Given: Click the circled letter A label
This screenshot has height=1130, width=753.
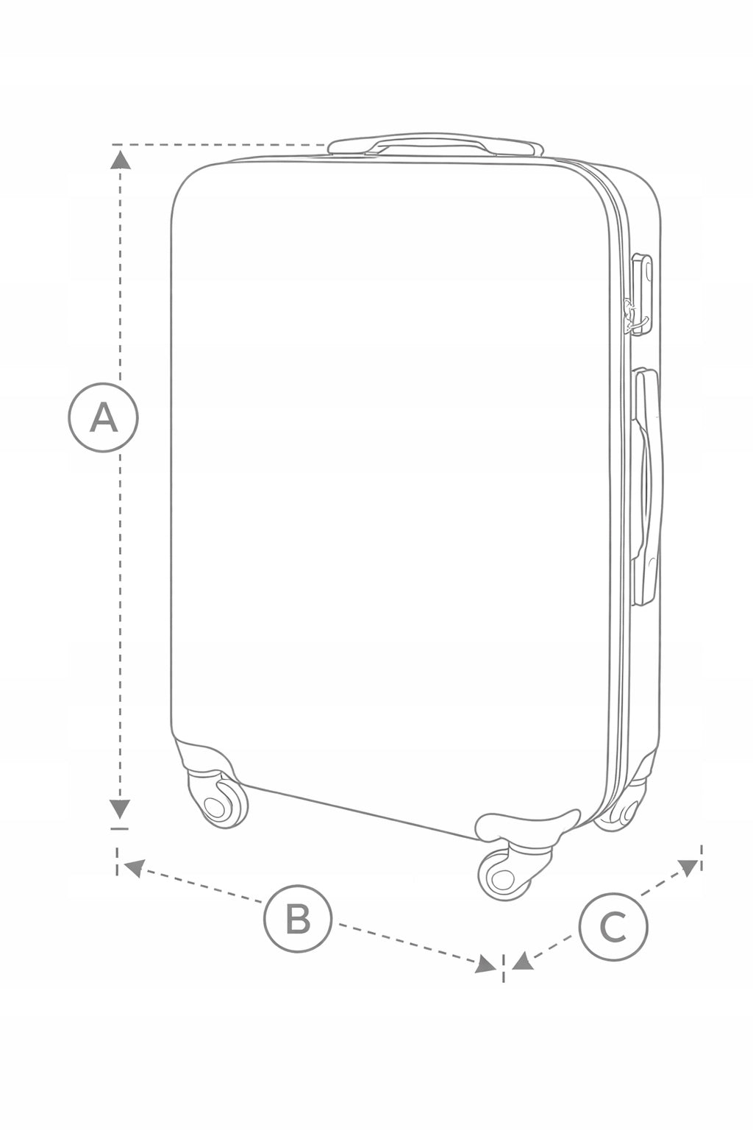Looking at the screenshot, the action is coord(103,417).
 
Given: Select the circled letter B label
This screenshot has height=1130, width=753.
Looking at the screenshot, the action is coord(298,917).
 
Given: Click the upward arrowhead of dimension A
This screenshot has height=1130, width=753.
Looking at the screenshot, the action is coord(120,160).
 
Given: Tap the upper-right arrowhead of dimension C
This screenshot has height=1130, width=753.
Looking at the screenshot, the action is coord(688,867).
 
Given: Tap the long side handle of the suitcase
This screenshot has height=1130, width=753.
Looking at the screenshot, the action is coord(647,487).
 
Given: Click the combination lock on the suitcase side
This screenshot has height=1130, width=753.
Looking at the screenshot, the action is coord(642,294).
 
